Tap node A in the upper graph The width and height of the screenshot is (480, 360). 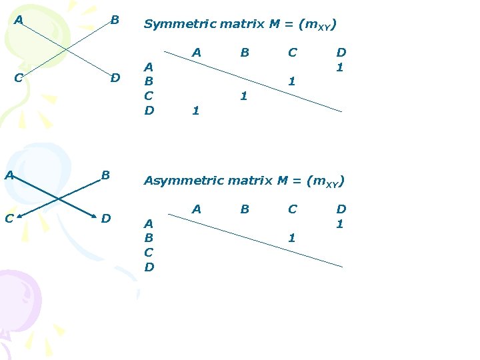pyautogui.click(x=19, y=20)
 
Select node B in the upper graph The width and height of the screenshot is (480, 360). pyautogui.click(x=115, y=20)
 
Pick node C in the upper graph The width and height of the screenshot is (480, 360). pyautogui.click(x=19, y=77)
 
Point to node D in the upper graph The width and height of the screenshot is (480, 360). pyautogui.click(x=115, y=78)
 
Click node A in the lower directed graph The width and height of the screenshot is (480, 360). pyautogui.click(x=9, y=175)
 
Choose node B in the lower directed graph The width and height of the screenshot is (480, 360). pyautogui.click(x=105, y=175)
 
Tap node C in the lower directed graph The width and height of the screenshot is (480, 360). pyautogui.click(x=9, y=218)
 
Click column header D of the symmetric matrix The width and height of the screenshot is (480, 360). pyautogui.click(x=341, y=52)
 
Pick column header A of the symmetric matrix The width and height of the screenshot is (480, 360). pyautogui.click(x=196, y=52)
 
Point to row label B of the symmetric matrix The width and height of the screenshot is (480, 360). pyautogui.click(x=149, y=81)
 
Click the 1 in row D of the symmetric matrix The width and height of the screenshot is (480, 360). pyautogui.click(x=195, y=111)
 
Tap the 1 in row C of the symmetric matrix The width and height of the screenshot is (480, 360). pyautogui.click(x=243, y=96)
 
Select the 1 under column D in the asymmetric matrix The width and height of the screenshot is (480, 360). pyautogui.click(x=340, y=224)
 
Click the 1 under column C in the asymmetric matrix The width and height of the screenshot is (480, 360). pyautogui.click(x=291, y=237)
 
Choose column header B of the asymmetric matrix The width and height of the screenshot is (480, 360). pyautogui.click(x=245, y=209)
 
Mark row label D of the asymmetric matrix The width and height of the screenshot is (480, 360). pyautogui.click(x=149, y=267)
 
